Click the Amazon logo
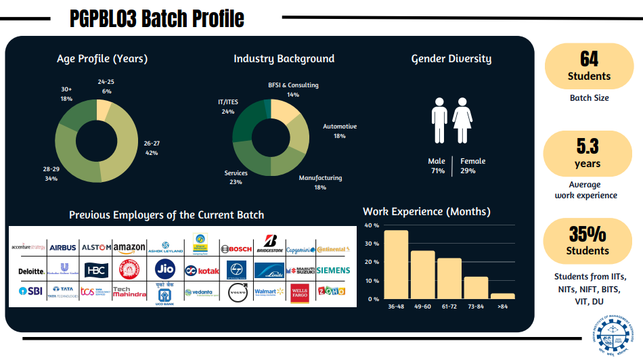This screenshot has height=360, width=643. [x=129, y=248]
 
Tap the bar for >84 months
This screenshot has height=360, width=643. [x=502, y=296]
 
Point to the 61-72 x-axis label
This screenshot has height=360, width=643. [x=449, y=307]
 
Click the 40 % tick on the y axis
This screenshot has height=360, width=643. [x=372, y=225]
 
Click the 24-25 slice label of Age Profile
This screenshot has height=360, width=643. [x=106, y=86]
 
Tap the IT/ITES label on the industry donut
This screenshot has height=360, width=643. [x=227, y=106]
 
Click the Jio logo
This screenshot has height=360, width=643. [x=165, y=269]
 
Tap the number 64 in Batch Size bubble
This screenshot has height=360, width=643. [x=589, y=59]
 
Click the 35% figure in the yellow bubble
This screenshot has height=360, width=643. [x=587, y=234]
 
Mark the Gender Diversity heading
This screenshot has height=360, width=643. [x=451, y=59]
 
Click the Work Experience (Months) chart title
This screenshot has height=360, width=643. [x=426, y=212]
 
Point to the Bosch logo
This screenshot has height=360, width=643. [x=236, y=249]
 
